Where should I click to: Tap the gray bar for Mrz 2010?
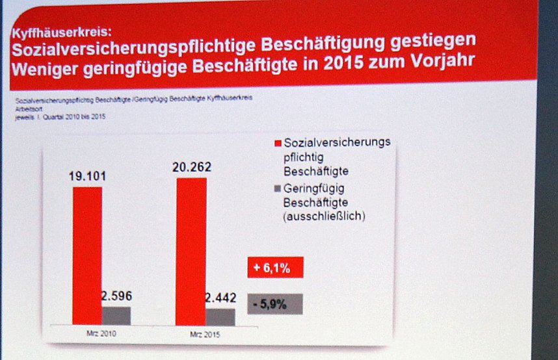(x=116, y=315)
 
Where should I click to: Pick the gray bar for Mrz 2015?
(x=220, y=316)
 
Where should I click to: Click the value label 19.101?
(x=87, y=176)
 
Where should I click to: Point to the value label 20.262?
(x=191, y=167)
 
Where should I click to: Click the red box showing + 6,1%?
(x=275, y=267)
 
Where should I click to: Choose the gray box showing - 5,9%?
(x=275, y=303)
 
